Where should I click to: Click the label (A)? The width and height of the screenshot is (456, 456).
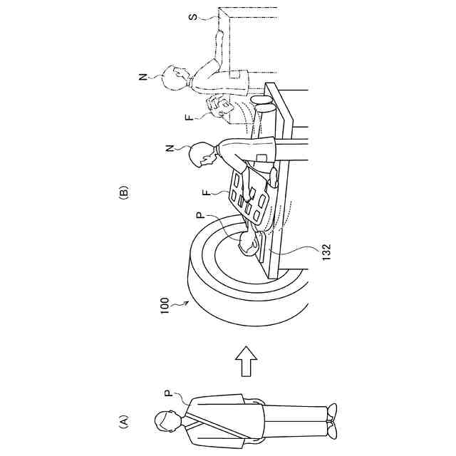[123, 423]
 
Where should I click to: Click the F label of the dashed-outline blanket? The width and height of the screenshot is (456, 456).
[190, 116]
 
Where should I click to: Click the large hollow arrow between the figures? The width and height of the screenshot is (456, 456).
[246, 363]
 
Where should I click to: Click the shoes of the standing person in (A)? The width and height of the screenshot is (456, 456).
[331, 420]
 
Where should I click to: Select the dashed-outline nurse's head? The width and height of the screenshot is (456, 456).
[174, 76]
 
